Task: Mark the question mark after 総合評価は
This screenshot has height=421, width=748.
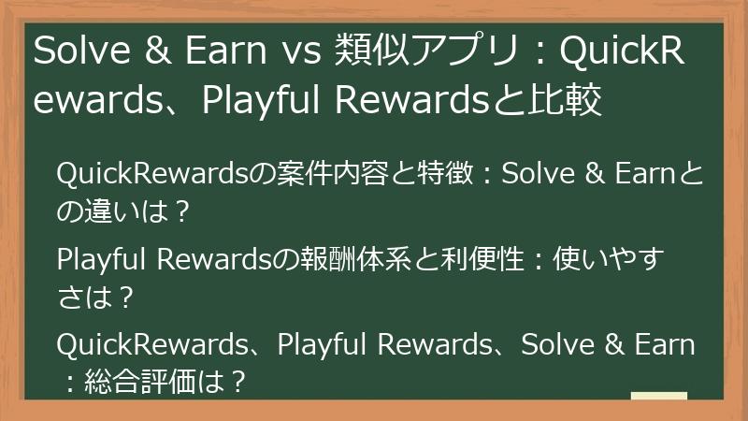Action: tap(237, 382)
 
